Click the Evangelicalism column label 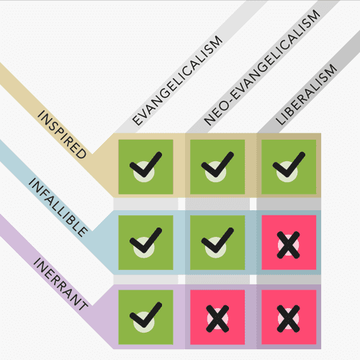click(177, 81)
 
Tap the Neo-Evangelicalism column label click(262, 68)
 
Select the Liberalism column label click(306, 94)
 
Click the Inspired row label click(62, 134)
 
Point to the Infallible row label click(58, 207)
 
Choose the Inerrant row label click(60, 284)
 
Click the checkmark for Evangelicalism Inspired click(145, 165)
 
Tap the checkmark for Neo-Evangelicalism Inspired click(217, 165)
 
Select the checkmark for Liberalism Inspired click(289, 165)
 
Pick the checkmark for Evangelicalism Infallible click(145, 240)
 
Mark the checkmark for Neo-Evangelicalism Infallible click(217, 240)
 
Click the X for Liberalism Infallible click(288, 245)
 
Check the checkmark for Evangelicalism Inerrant click(145, 315)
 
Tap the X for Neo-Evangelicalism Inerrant click(217, 319)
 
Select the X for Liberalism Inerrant click(288, 319)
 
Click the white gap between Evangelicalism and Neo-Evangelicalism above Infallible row click(181, 204)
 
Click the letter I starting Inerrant click(37, 261)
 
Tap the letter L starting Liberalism click(280, 120)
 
